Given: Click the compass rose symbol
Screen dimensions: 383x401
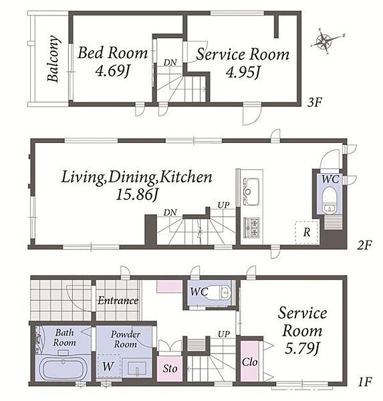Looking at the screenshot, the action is (325, 41).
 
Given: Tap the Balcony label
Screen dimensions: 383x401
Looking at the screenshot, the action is (53, 59).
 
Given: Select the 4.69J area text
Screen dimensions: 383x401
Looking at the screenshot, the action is (112, 71).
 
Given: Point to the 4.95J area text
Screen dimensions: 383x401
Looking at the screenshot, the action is (243, 72).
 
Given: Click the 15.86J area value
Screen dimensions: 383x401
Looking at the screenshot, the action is (136, 194).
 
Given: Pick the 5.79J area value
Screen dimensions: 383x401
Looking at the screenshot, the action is (302, 348).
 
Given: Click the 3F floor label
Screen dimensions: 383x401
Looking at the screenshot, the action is (314, 103).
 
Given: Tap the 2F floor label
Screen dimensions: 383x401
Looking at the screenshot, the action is (364, 245).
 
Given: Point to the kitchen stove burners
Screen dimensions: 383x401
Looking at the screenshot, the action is (252, 227).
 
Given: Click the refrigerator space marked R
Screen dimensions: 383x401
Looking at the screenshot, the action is (307, 232).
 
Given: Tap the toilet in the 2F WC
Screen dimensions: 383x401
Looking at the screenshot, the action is (330, 201).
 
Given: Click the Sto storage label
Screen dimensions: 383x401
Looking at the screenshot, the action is (170, 368).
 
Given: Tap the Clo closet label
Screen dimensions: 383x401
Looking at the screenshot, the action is (250, 362).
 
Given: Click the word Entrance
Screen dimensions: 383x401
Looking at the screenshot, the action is (118, 300).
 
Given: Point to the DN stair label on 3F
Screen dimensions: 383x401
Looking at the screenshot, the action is (170, 62).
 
